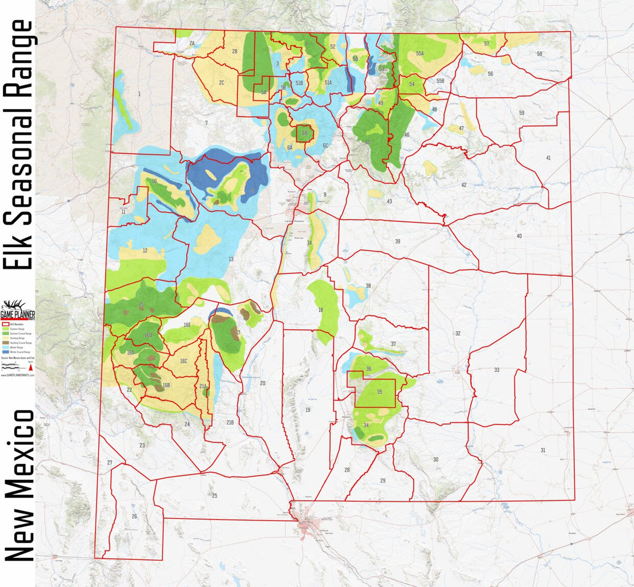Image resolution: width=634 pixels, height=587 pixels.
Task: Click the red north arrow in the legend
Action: [31, 367]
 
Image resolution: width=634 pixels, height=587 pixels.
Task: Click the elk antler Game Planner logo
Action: [16, 307]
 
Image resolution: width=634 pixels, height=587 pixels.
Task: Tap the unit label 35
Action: [379, 392]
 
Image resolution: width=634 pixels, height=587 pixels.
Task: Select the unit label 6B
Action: [304, 134]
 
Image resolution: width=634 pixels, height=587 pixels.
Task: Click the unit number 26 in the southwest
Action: [134, 516]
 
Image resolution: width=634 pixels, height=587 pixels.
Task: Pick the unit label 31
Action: [543, 450]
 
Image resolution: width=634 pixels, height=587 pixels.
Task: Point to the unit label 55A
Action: [419, 53]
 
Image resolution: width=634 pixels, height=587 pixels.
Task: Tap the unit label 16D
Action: [148, 336]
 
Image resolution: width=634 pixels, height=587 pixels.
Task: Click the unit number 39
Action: [397, 241]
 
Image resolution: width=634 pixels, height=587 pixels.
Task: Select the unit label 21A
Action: [203, 387]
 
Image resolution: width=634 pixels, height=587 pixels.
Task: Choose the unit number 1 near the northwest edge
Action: [139, 94]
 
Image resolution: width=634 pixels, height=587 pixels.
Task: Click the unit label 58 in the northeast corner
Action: [539, 54]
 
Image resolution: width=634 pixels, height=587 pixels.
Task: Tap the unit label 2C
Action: [221, 82]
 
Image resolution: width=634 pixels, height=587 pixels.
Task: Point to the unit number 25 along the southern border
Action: [215, 496]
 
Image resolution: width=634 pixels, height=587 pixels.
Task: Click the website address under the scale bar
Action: [17, 375]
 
